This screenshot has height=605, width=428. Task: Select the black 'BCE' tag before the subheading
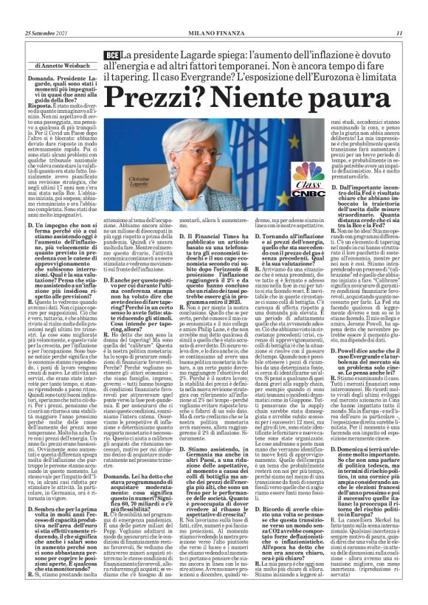coord(113,55)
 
